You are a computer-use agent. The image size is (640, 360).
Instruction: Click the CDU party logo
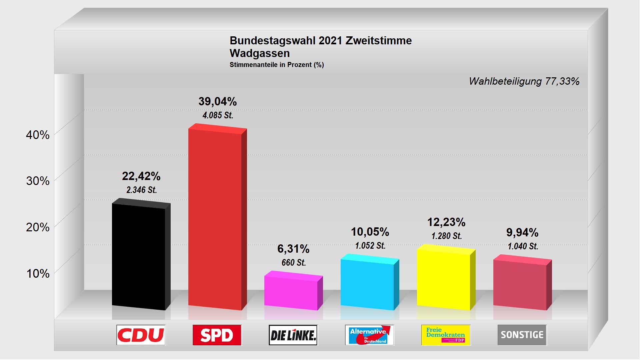(x=141, y=335)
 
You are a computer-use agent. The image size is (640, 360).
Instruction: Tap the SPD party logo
(x=217, y=335)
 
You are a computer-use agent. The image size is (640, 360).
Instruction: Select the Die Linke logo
(x=293, y=335)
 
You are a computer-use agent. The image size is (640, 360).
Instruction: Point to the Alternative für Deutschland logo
(x=369, y=335)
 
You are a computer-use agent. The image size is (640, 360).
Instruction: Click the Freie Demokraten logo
(x=446, y=335)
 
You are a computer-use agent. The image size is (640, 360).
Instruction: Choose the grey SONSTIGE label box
(x=522, y=335)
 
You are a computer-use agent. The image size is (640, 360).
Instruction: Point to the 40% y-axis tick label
(x=38, y=135)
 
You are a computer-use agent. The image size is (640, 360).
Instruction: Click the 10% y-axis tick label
(x=38, y=274)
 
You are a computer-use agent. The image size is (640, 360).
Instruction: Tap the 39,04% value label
(x=218, y=101)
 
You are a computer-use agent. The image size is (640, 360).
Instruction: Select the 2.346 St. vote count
(x=141, y=190)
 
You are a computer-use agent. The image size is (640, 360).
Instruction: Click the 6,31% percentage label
(x=293, y=249)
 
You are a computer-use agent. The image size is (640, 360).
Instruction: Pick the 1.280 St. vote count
(x=447, y=236)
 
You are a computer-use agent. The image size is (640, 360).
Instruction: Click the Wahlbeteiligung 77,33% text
(x=524, y=81)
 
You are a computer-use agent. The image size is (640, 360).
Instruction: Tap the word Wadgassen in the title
(x=260, y=53)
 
